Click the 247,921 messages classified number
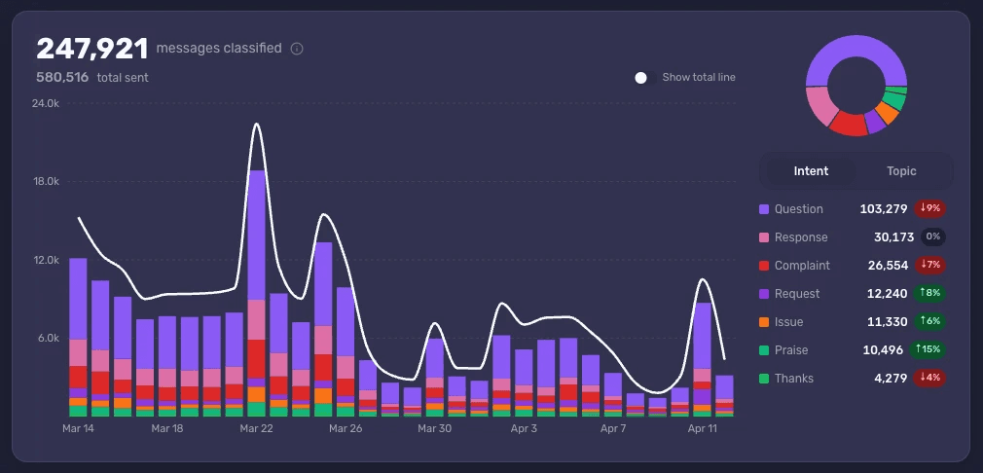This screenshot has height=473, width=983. coord(92,50)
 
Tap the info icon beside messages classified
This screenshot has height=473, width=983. coord(297,49)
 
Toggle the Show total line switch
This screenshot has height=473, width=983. coord(641,78)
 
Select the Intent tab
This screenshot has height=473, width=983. coord(811,171)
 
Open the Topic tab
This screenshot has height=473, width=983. coord(901,171)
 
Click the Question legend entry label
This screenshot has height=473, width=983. coord(798,209)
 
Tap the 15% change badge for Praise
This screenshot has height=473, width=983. coord(928,350)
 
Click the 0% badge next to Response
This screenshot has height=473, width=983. coord(932,237)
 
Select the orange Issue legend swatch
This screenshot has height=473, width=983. coord(764,322)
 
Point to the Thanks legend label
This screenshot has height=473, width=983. coord(793,379)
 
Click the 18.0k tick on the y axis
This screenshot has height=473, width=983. coord(45,182)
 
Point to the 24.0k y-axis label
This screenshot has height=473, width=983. coord(45,103)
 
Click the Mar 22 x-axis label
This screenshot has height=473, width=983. coord(256,428)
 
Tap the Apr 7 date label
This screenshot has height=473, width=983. coord(613,428)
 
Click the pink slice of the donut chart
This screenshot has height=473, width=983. coord(821,105)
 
